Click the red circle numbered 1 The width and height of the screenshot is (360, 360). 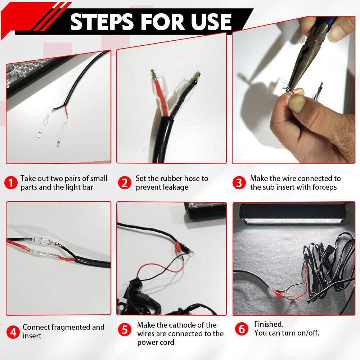(x=11, y=183)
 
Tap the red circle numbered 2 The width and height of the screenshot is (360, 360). (x=125, y=183)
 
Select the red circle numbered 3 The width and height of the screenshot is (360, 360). (x=239, y=183)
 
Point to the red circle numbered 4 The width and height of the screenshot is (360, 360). (x=13, y=332)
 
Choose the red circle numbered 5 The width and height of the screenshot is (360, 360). (x=125, y=330)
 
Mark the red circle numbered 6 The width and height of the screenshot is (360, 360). (x=242, y=329)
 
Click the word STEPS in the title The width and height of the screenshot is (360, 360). (x=102, y=22)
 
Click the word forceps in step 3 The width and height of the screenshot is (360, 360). (x=324, y=187)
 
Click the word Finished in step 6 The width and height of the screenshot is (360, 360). (x=269, y=324)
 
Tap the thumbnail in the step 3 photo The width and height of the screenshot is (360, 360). (x=298, y=104)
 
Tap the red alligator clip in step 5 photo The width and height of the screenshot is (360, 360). (x=178, y=246)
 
